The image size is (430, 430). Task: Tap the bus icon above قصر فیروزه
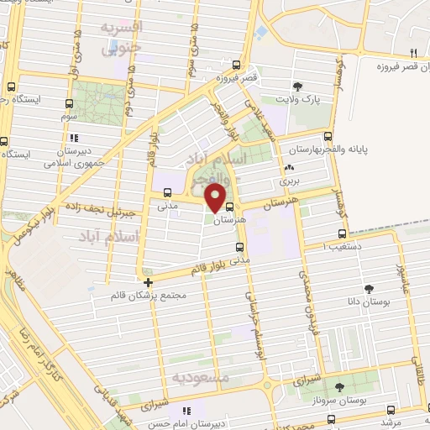(237, 66)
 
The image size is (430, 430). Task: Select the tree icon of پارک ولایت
(296, 86)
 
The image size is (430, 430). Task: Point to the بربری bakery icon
(290, 166)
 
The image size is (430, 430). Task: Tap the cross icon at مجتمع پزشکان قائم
(148, 282)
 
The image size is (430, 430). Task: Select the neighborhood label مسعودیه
(201, 377)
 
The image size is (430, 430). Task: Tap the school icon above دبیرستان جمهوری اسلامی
(75, 138)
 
